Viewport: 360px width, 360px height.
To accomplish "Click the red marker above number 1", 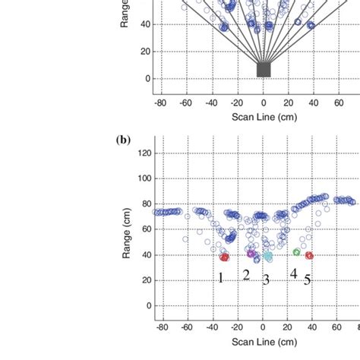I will coord(224,257).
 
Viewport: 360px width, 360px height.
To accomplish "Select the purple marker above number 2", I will coord(251,254).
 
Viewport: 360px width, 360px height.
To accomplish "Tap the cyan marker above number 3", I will coord(267,257).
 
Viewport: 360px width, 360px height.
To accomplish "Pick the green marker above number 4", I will coord(296,251).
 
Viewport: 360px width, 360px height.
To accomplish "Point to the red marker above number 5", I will coord(309,255).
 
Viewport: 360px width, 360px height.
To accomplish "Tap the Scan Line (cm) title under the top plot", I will coord(264,119).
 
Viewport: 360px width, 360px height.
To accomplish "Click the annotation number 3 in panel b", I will coord(266,279).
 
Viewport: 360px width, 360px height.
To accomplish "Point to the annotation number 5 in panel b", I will coord(308,279).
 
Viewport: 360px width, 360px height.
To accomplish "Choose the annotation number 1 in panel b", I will coord(221,277).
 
